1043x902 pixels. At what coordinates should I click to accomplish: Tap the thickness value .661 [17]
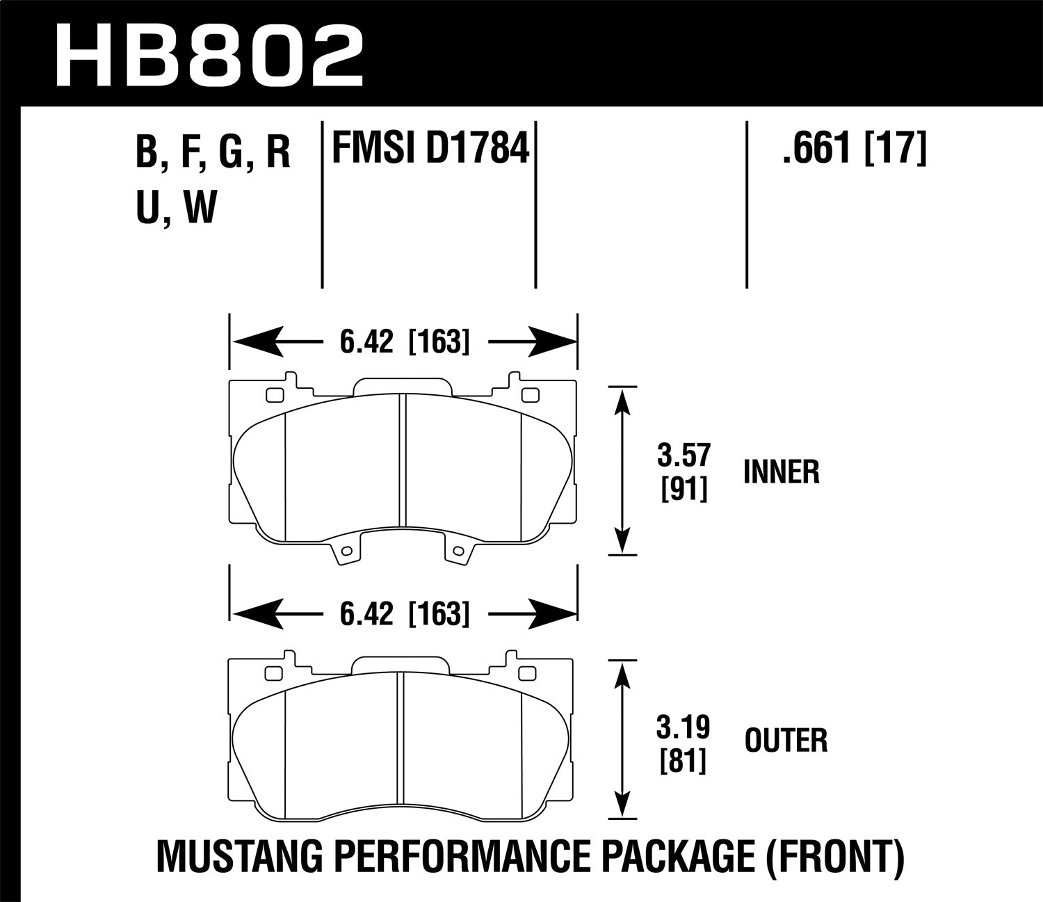point(855,149)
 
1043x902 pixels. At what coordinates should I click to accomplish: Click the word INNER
point(781,473)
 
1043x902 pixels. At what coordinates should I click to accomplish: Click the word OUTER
point(786,741)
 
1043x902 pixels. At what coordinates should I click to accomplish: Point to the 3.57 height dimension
point(684,457)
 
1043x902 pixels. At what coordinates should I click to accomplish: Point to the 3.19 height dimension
point(684,729)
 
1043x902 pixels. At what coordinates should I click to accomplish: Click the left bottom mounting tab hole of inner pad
point(343,551)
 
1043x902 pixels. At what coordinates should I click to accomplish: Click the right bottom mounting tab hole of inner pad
point(456,551)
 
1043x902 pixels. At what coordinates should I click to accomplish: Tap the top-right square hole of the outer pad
point(529,673)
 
